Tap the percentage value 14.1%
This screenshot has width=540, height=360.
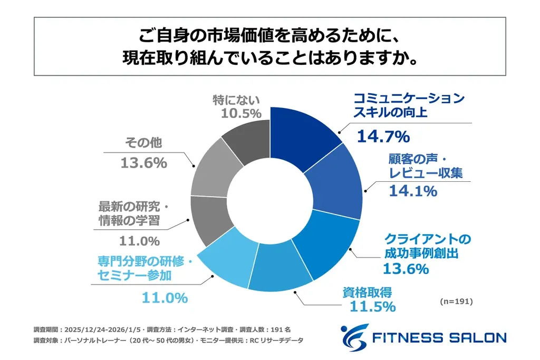pyautogui.click(x=412, y=191)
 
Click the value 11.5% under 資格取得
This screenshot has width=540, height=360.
pyautogui.click(x=369, y=306)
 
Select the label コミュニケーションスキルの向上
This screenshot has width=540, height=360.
pyautogui.click(x=408, y=105)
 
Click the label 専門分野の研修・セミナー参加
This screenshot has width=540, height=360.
pyautogui.click(x=148, y=267)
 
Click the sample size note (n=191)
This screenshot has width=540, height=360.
pyautogui.click(x=456, y=302)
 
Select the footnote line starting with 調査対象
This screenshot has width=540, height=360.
pyautogui.click(x=169, y=340)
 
